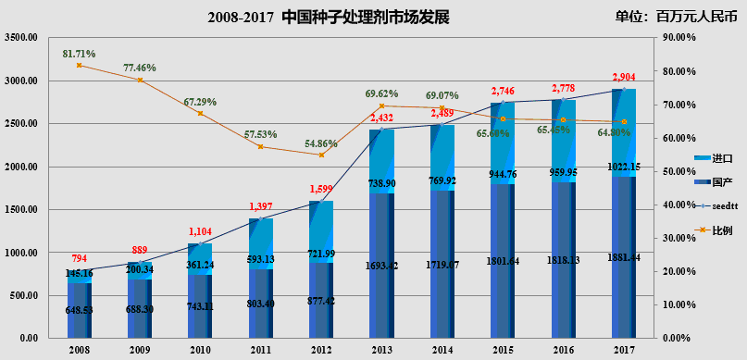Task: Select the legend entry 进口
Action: pos(710,159)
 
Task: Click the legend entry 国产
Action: pos(710,182)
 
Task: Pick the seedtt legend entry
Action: pos(714,205)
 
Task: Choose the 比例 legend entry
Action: pos(710,229)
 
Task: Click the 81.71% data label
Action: pos(79,54)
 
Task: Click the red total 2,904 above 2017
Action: pos(625,77)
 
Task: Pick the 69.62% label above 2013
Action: pos(381,93)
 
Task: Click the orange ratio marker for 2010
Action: pos(200,113)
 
